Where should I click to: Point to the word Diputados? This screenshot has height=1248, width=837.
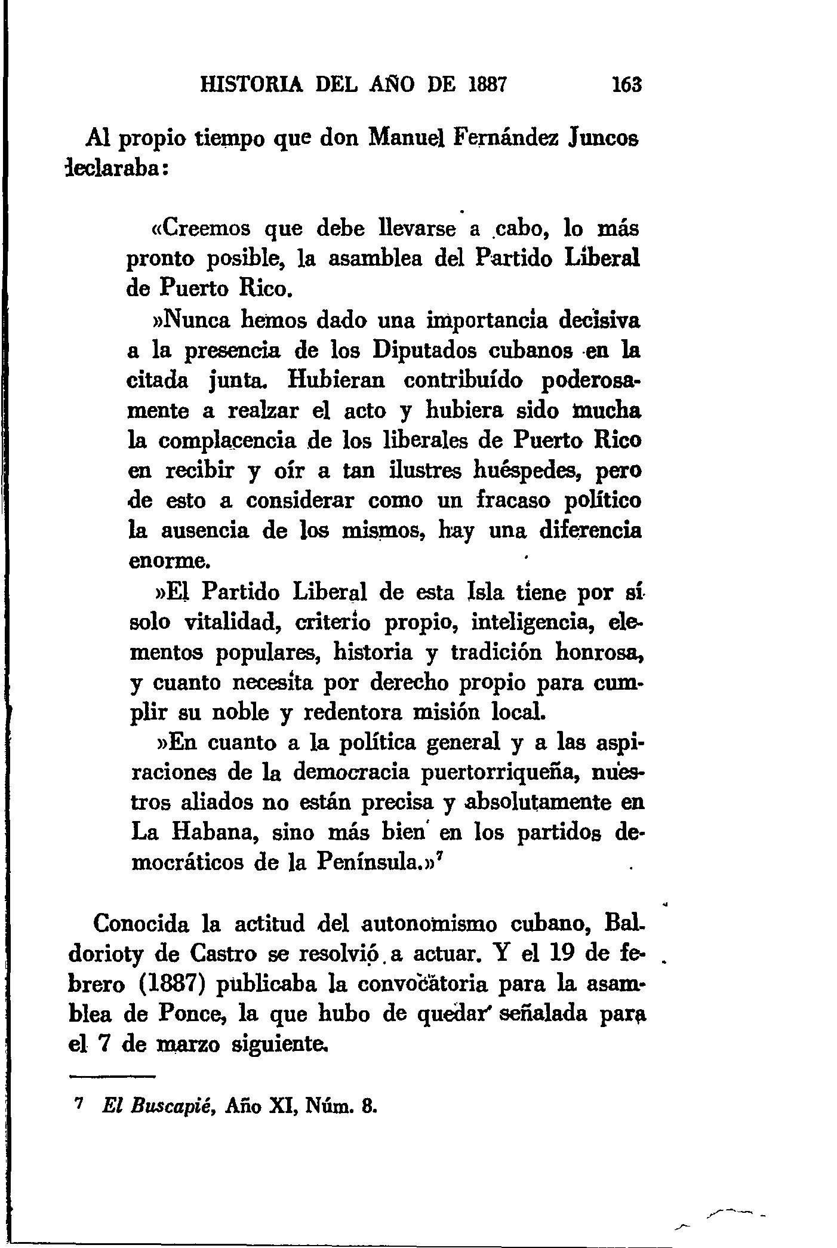click(425, 351)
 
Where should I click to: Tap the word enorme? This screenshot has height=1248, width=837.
click(170, 562)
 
